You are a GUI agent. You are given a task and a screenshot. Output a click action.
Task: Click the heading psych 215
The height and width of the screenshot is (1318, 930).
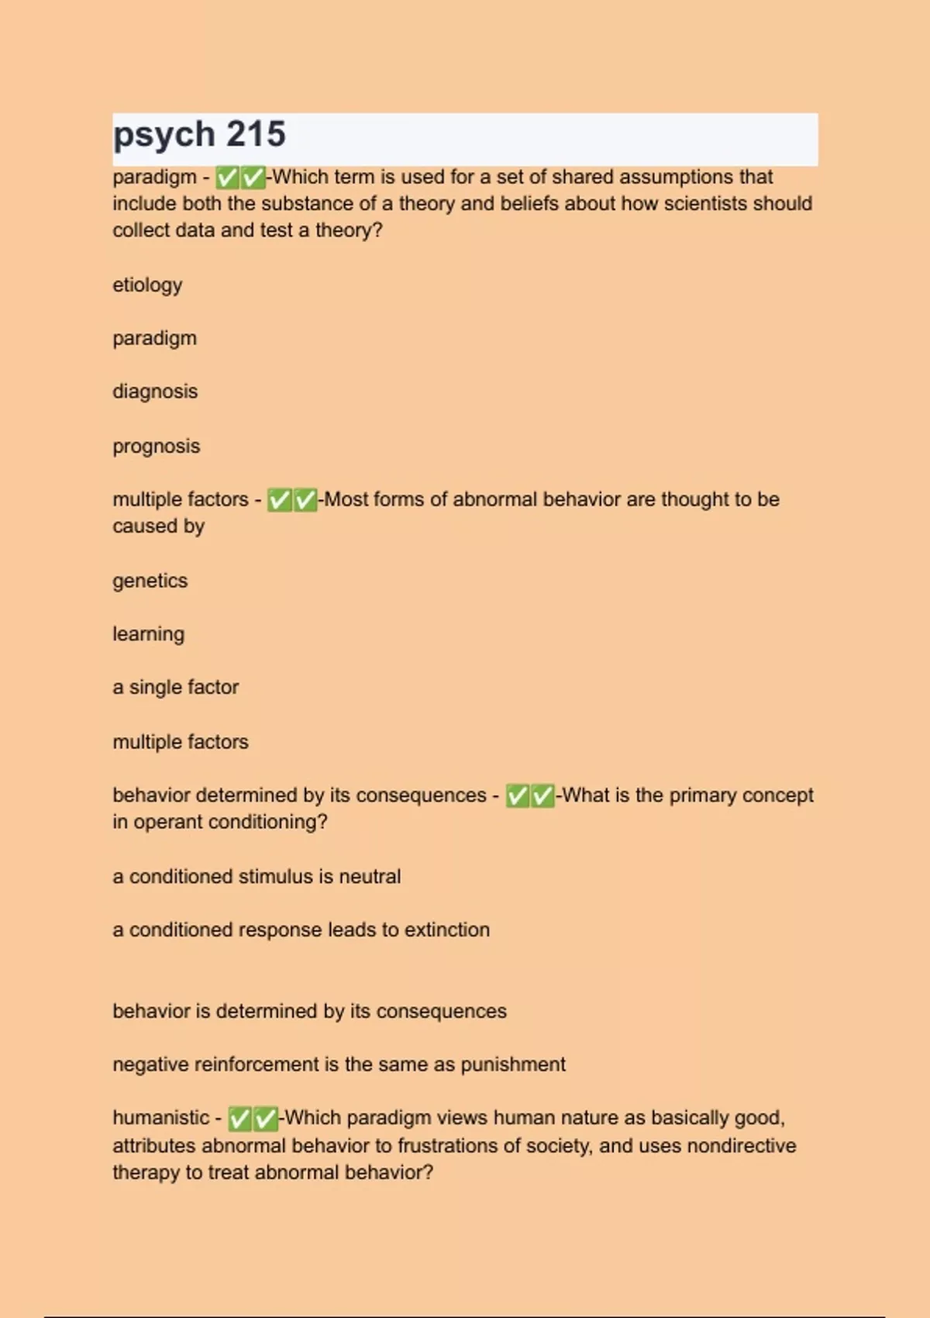pos(199,135)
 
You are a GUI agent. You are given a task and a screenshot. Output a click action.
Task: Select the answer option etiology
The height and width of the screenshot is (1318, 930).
pos(147,285)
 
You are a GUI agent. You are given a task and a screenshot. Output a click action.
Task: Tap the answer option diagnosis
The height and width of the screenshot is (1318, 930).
pos(155,392)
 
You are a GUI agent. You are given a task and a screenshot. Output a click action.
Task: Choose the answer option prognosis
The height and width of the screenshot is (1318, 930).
pos(156,447)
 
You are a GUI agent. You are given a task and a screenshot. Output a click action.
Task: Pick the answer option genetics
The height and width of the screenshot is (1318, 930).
pos(150,581)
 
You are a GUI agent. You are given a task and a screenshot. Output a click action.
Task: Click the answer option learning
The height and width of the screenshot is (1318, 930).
pos(148,634)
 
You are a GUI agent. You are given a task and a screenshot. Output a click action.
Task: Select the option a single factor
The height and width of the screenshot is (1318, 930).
pos(175,688)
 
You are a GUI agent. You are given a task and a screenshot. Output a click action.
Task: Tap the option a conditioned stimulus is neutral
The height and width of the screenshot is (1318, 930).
pos(257,877)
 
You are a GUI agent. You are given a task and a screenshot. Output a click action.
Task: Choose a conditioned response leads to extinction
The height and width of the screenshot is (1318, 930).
pos(301,930)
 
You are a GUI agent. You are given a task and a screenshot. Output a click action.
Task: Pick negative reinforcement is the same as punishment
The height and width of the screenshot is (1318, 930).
pos(339,1064)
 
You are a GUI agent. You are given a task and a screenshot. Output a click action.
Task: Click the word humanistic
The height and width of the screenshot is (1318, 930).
pos(160,1118)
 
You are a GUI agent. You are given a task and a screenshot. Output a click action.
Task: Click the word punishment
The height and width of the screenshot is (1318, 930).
pos(513,1064)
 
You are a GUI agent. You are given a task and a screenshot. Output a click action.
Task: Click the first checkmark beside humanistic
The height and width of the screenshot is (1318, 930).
pos(239,1119)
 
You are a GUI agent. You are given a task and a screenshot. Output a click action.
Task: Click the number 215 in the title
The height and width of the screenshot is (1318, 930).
pos(256,135)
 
